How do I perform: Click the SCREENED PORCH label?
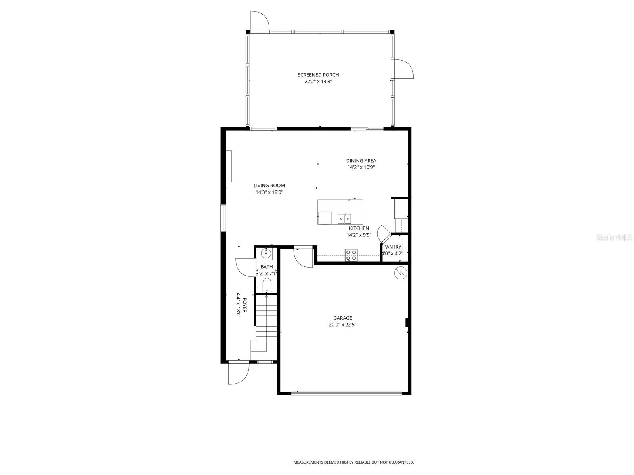[x=318, y=75]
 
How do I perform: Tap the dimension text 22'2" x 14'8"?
[x=318, y=82]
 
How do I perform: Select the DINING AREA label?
[x=361, y=160]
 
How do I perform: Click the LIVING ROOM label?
[x=269, y=185]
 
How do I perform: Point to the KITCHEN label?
[x=359, y=228]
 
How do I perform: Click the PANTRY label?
[x=392, y=247]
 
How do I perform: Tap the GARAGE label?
[x=342, y=318]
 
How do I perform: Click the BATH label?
[x=266, y=267]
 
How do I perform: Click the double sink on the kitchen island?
[x=344, y=218]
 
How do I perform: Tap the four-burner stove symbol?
[x=351, y=255]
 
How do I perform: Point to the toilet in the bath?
[x=267, y=285]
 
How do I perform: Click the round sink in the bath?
[x=265, y=253]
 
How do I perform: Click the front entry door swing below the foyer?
[x=238, y=373]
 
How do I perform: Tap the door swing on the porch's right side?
[x=402, y=69]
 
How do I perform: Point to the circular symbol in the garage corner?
[x=400, y=273]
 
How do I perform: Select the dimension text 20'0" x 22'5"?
[x=342, y=325]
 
